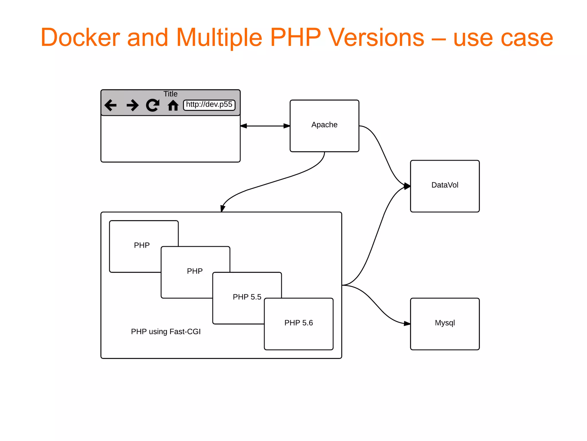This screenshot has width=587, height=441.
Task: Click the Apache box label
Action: [x=324, y=125]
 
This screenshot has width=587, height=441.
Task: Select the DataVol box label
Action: [x=445, y=185]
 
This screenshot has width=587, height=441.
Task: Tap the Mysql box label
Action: [x=445, y=323]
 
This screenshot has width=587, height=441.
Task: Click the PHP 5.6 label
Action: [x=298, y=323]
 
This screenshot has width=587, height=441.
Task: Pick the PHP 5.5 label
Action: [x=247, y=297]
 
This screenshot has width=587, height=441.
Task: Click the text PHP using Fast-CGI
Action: [x=166, y=332]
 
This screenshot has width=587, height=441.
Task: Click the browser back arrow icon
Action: [x=111, y=105]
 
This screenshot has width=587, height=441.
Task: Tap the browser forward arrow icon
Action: [x=132, y=105]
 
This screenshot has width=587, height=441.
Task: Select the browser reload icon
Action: [x=153, y=105]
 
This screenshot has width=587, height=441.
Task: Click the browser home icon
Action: [x=173, y=105]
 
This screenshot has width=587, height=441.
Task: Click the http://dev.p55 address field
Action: [x=209, y=105]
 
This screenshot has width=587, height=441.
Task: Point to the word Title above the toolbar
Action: [x=170, y=94]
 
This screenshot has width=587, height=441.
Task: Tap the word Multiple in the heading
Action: [x=219, y=38]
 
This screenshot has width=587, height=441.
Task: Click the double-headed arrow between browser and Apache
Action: [x=265, y=126]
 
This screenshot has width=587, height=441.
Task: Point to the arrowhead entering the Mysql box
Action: [x=407, y=324]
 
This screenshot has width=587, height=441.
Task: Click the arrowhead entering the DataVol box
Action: [x=407, y=186]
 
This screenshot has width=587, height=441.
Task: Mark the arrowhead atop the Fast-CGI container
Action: [x=222, y=208]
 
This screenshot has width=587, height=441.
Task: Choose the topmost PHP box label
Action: [x=142, y=245]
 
